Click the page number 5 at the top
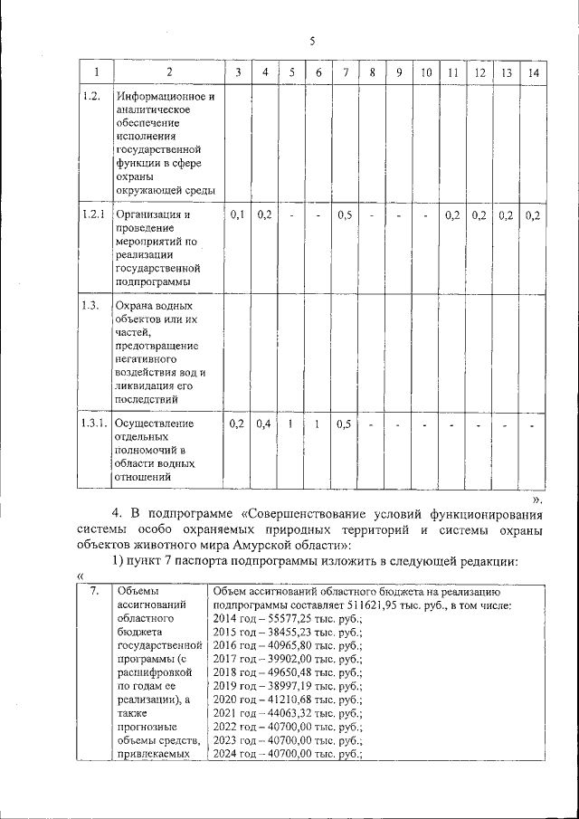(311, 41)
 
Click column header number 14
(534, 72)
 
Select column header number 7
(345, 72)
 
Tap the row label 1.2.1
(90, 214)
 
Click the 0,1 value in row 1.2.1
(238, 214)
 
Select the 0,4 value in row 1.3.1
(265, 423)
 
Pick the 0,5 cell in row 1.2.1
(345, 214)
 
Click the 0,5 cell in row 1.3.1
(345, 423)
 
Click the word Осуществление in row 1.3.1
(155, 423)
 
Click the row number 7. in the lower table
(94, 591)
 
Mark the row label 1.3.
(89, 305)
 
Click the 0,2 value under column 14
(534, 214)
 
